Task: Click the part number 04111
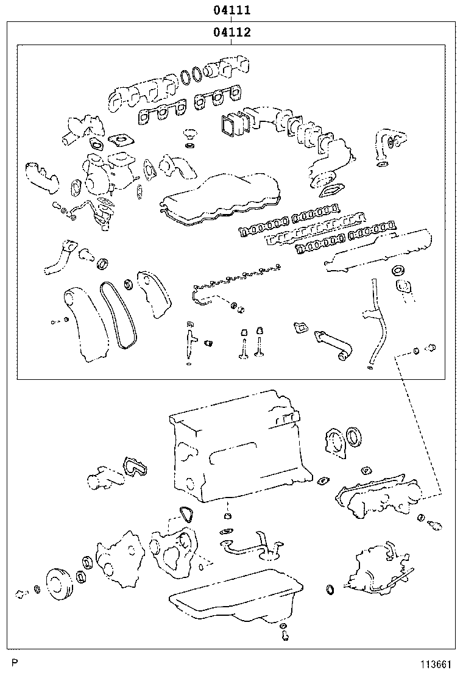pyautogui.click(x=232, y=10)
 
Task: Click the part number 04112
pyautogui.click(x=232, y=32)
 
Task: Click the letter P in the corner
pyautogui.click(x=15, y=663)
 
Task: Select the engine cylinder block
pyautogui.click(x=239, y=445)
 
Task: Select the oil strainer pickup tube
pyautogui.click(x=250, y=546)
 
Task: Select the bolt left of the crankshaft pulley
pyautogui.click(x=19, y=594)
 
